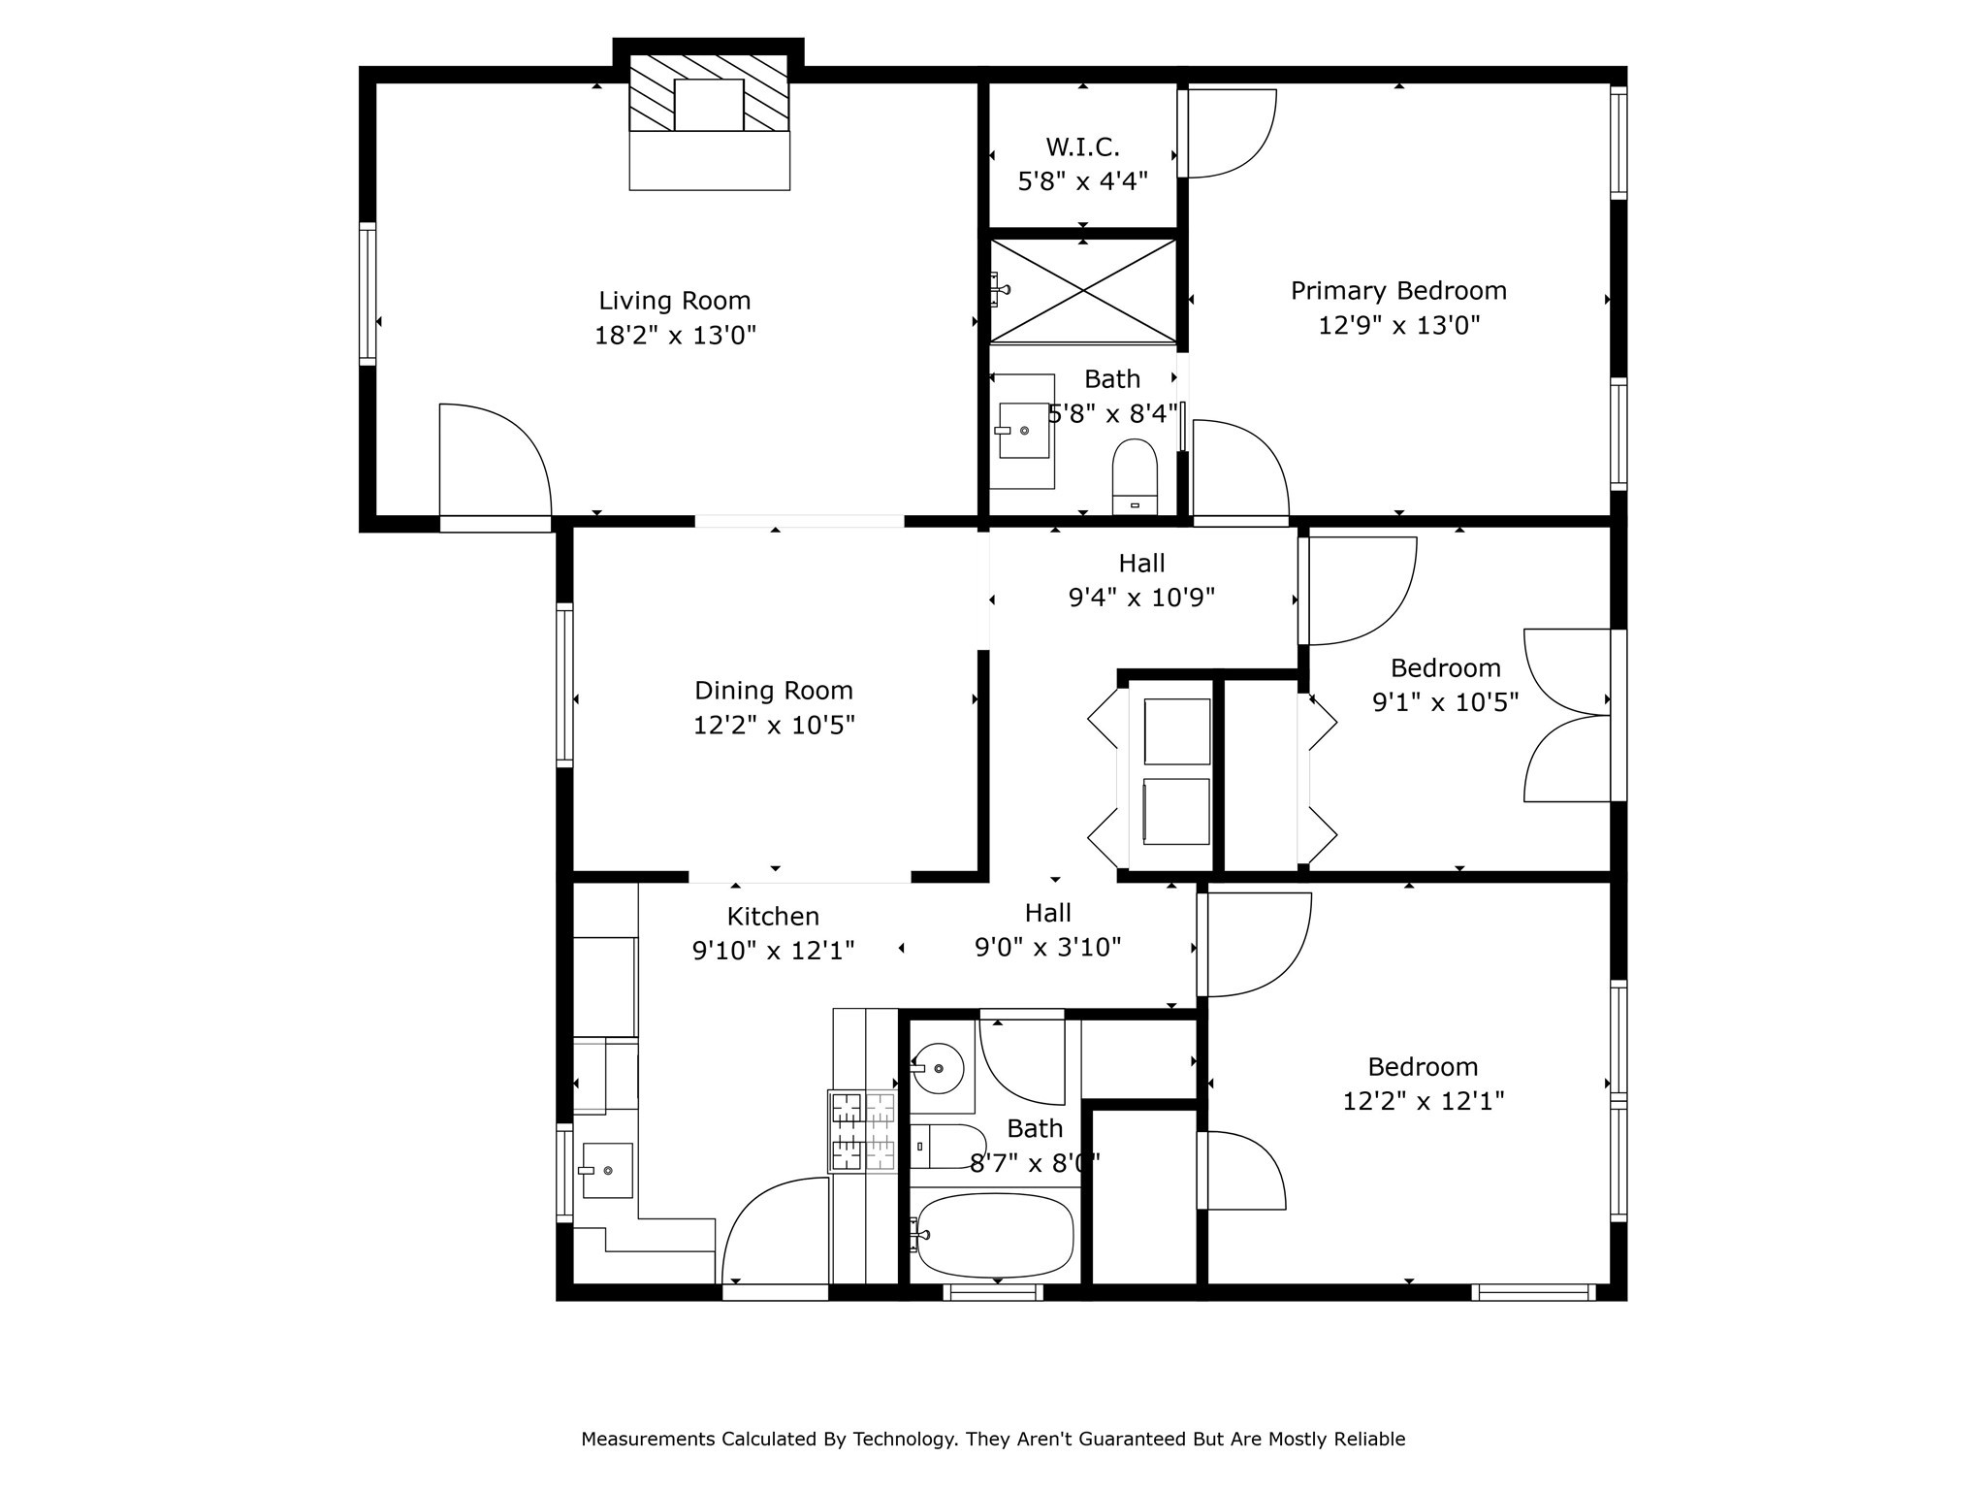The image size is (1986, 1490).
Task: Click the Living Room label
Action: click(674, 301)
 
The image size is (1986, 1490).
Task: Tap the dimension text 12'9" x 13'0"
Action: click(1398, 325)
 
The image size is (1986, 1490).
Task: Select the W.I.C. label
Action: click(1082, 147)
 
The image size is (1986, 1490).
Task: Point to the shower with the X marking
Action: click(1082, 290)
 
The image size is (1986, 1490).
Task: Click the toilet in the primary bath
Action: click(1135, 476)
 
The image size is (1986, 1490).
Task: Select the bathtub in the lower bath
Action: click(995, 1235)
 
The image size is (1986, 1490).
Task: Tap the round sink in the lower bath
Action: click(937, 1069)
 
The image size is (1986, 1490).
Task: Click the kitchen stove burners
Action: click(862, 1131)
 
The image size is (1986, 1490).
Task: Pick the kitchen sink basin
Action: click(607, 1171)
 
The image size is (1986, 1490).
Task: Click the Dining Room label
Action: click(773, 691)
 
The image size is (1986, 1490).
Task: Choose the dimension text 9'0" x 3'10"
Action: click(1047, 947)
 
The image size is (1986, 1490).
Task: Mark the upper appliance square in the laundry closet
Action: click(1177, 731)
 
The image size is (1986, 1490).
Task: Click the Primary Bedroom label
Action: click(1398, 291)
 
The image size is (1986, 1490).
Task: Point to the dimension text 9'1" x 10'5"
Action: click(1445, 702)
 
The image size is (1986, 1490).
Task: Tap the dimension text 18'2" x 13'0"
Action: click(675, 336)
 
